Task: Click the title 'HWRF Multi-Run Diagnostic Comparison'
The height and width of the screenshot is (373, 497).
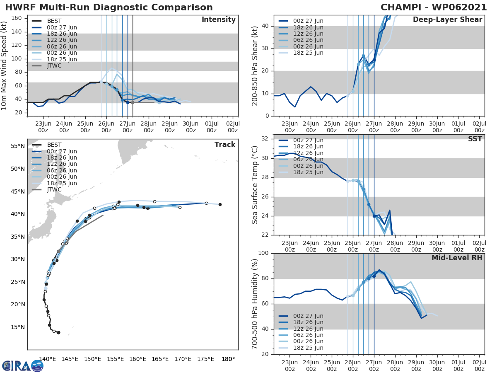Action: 109,7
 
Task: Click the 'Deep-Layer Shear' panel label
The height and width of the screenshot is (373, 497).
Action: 447,20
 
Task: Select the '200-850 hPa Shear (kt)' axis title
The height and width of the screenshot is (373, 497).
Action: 256,65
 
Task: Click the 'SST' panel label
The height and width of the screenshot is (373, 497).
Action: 475,139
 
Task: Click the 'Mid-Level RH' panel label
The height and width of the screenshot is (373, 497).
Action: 457,258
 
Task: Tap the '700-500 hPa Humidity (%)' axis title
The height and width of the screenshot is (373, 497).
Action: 256,303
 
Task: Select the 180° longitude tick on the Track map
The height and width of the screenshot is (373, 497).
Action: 228,359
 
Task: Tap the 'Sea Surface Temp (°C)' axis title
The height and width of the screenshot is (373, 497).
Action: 256,185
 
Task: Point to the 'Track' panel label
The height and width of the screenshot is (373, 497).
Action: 225,145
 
